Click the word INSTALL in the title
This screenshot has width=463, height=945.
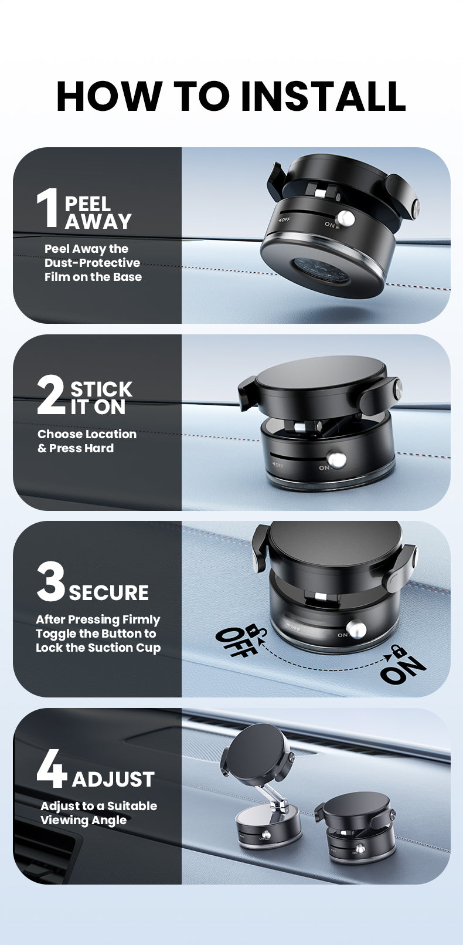(323, 96)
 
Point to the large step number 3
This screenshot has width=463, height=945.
(50, 582)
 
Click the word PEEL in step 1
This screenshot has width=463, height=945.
(87, 204)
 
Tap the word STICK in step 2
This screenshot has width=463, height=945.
(101, 389)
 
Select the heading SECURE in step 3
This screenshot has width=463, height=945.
(109, 592)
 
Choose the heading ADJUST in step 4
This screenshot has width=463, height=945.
(113, 780)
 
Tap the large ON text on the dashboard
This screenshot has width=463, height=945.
(403, 670)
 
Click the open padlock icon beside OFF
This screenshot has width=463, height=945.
(255, 631)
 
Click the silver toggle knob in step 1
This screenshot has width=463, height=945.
(348, 219)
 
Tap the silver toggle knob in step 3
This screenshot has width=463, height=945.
(356, 629)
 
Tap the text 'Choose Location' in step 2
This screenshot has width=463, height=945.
(87, 434)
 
